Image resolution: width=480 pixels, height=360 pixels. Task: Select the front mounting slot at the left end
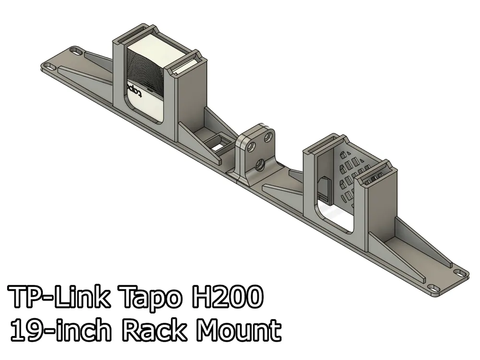coord(48,66)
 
